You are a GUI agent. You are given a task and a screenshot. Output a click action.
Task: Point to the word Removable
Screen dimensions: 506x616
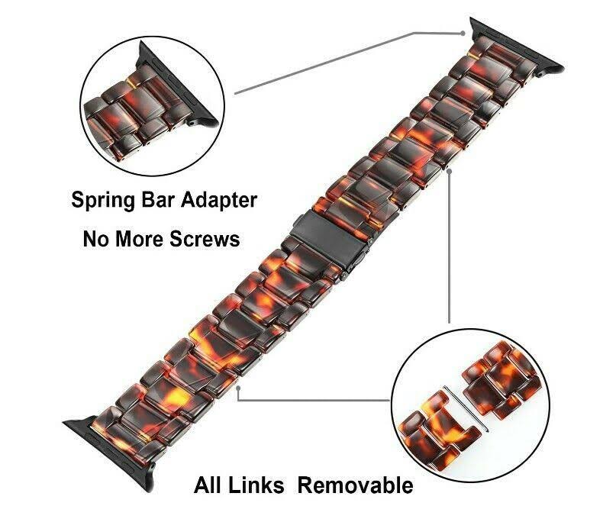pyautogui.click(x=356, y=485)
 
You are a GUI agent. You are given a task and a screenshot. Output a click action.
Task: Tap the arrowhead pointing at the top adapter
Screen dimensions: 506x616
pyautogui.click(x=463, y=33)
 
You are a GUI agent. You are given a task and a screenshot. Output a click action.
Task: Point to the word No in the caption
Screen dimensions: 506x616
pyautogui.click(x=96, y=240)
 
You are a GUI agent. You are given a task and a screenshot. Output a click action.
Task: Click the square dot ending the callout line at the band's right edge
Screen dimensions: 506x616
pyautogui.click(x=450, y=171)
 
